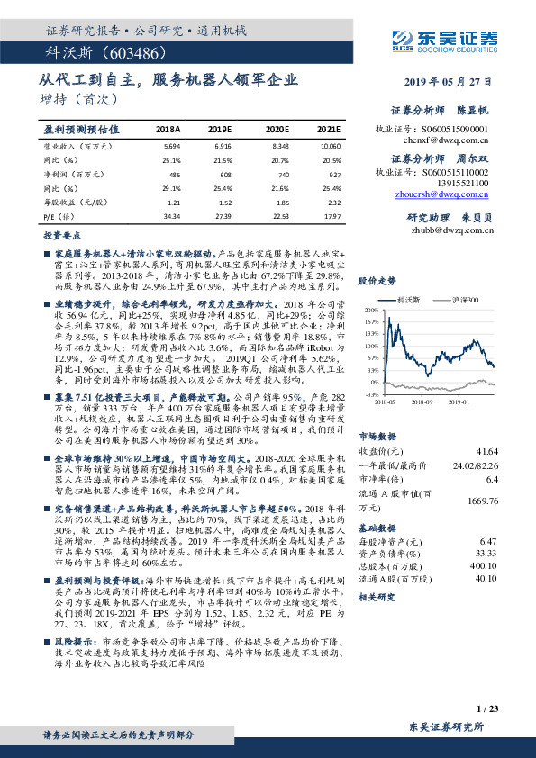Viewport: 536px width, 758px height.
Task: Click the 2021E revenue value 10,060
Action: pos(330,145)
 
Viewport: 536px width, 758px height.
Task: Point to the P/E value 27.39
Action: pos(224,216)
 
